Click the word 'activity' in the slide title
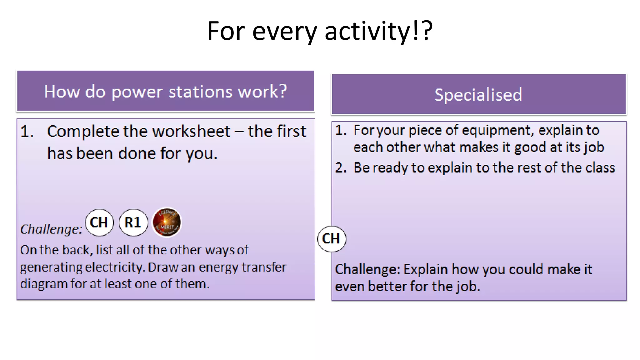[x=367, y=31]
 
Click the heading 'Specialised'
[x=478, y=95]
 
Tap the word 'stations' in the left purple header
[x=200, y=92]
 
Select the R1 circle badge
[x=133, y=222]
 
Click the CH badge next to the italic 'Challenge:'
[x=99, y=222]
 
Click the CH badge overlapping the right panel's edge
[x=331, y=239]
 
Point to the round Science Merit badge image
[x=167, y=222]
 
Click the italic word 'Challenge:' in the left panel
[x=51, y=229]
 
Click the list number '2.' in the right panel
[x=341, y=168]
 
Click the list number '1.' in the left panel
[x=27, y=131]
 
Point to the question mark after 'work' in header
[x=283, y=91]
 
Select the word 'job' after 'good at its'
[x=595, y=147]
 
